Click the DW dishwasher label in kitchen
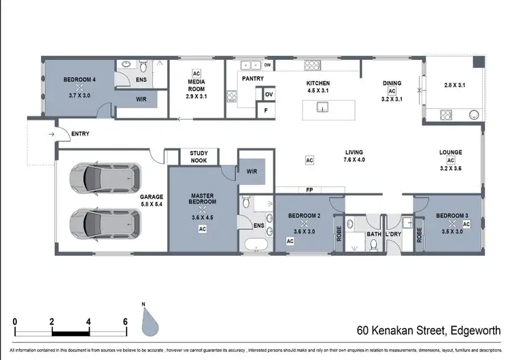(268, 65)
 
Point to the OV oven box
(269, 95)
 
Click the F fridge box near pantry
(266, 110)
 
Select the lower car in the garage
(106, 223)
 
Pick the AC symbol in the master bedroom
(202, 229)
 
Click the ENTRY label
(80, 134)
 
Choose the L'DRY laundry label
(393, 235)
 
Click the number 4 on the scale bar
(88, 322)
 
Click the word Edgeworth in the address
(473, 331)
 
